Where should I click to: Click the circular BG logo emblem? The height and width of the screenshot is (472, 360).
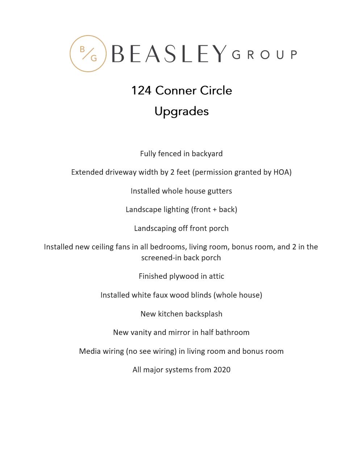(88, 54)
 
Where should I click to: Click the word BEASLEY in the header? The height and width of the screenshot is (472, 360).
(169, 54)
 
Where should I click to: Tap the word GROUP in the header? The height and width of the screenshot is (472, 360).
(264, 55)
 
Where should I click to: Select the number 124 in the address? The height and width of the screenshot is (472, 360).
(141, 91)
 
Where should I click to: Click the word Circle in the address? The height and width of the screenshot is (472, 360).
(216, 91)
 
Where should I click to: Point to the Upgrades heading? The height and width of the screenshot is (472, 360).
(181, 111)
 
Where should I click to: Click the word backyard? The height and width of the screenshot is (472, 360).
(207, 154)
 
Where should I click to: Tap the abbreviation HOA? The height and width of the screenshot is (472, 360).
(282, 172)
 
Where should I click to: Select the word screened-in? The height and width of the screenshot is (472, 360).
(160, 258)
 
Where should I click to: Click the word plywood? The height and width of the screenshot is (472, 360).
(184, 276)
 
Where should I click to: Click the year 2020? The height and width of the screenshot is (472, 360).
(222, 370)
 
